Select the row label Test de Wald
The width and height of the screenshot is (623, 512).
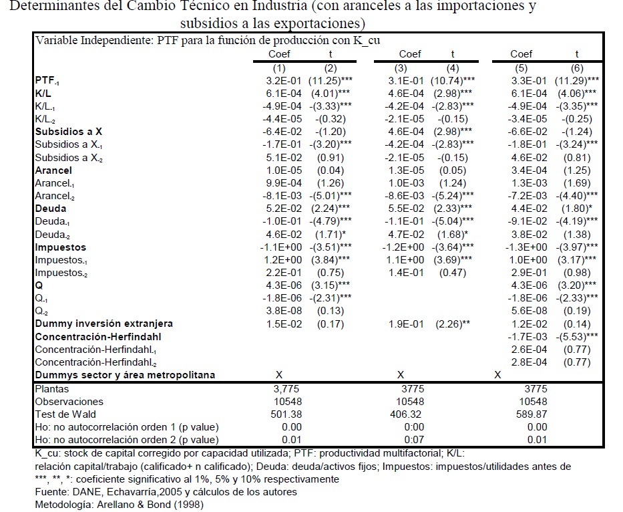point(66,414)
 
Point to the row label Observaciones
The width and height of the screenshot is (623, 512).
point(69,401)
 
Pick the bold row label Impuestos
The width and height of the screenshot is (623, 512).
point(61,247)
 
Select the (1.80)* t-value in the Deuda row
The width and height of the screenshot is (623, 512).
point(578,209)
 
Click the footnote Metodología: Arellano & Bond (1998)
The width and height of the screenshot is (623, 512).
point(119,504)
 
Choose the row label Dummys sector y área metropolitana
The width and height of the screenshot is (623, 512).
point(125,375)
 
